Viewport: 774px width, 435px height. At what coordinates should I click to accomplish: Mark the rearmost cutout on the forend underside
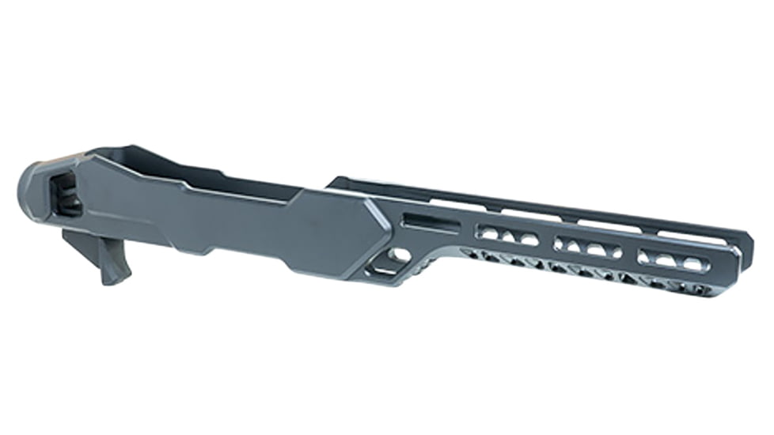click(475, 255)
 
